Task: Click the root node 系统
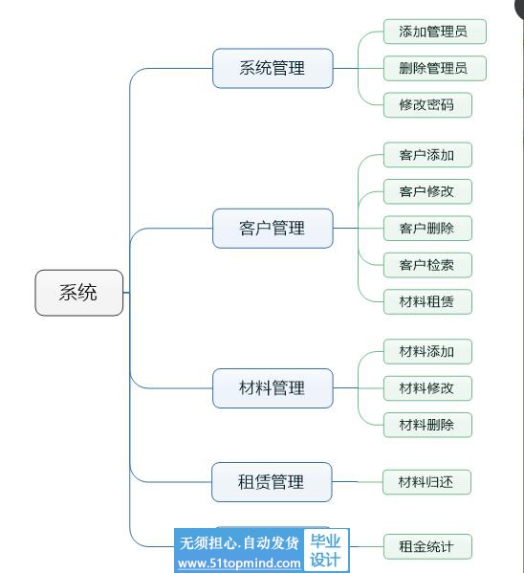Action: click(x=79, y=293)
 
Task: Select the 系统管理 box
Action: click(x=273, y=68)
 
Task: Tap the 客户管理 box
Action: click(x=273, y=229)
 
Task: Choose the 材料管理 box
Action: click(x=273, y=388)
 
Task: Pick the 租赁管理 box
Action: click(x=272, y=482)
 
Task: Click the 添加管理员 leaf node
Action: click(x=435, y=32)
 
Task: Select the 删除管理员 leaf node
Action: click(x=435, y=68)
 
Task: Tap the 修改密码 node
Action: click(x=427, y=105)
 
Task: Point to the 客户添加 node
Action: click(x=427, y=155)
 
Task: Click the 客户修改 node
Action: click(x=427, y=191)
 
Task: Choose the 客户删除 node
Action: click(x=427, y=229)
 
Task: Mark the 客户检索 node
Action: click(x=427, y=265)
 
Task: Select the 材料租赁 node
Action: click(x=427, y=302)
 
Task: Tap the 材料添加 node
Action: click(x=427, y=351)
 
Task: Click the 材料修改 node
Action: click(x=427, y=388)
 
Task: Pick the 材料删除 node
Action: click(x=427, y=425)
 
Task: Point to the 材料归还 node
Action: click(x=426, y=482)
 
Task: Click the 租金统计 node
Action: click(x=427, y=546)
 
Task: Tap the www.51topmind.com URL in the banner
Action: click(x=239, y=563)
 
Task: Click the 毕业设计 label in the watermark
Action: click(x=325, y=550)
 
